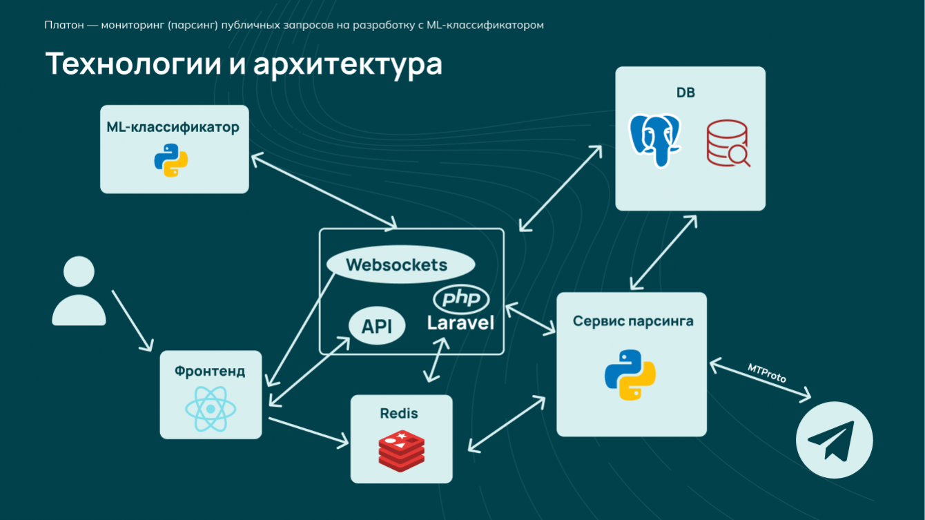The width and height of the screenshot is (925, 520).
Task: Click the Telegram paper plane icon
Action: tap(834, 440)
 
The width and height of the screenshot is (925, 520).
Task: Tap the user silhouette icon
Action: tap(79, 291)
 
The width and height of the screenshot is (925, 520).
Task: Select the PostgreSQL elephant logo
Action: tap(654, 140)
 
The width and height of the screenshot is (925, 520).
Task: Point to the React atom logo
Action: tap(211, 408)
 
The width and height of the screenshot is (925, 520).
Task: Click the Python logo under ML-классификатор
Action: tap(171, 161)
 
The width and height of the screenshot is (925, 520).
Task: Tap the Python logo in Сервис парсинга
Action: tap(630, 374)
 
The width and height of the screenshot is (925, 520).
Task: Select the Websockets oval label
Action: tap(400, 264)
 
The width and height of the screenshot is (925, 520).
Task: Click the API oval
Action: tap(376, 326)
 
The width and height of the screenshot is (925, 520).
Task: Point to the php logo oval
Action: tap(460, 299)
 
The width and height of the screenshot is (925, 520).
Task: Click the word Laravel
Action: tap(460, 322)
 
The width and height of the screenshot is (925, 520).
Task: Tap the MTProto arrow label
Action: tap(767, 373)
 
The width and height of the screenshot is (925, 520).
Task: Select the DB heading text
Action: tap(685, 93)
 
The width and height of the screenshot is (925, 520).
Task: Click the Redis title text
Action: tap(399, 414)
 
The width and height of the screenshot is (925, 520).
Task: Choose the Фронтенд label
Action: tap(210, 372)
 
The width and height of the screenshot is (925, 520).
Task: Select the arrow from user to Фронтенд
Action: tap(132, 320)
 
